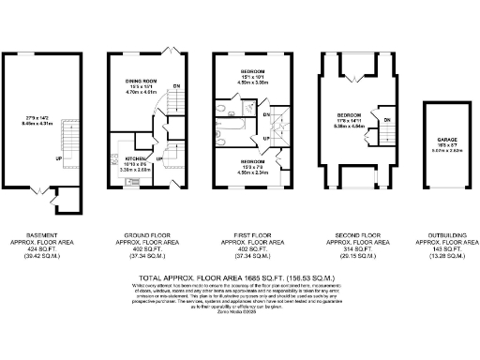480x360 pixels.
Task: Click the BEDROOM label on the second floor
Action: click(x=350, y=114)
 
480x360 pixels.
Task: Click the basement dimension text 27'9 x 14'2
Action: click(x=37, y=116)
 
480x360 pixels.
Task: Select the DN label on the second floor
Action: click(x=385, y=120)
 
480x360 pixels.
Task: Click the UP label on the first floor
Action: click(x=266, y=139)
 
